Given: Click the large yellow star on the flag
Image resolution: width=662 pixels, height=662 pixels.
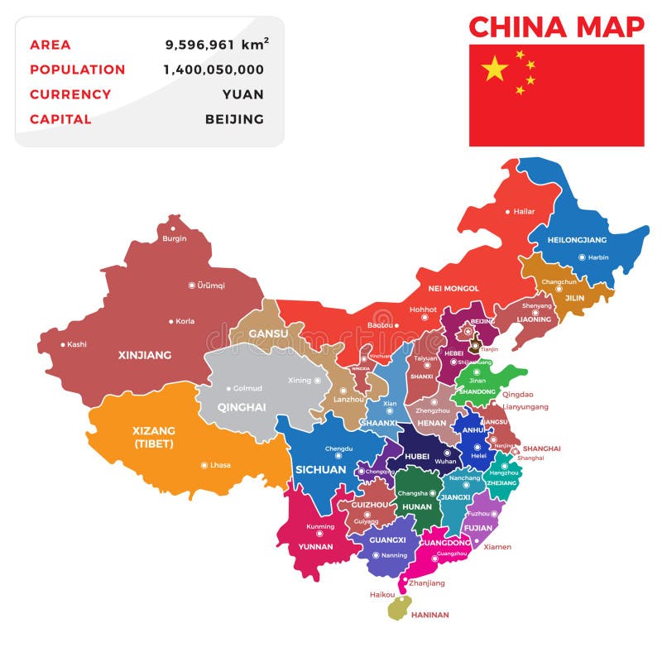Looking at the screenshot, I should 494,68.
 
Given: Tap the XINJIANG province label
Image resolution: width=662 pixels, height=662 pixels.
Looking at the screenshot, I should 145,355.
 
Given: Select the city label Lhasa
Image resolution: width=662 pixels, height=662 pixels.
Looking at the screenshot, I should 220,465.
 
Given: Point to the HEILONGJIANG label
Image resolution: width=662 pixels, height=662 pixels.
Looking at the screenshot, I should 578,240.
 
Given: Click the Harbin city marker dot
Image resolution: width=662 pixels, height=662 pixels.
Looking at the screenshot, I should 582,257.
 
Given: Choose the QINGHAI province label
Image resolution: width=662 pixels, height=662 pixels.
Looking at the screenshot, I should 242,407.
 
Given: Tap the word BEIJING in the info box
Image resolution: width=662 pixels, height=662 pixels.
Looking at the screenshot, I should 234,119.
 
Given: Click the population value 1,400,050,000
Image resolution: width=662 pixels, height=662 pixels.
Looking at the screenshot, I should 213,70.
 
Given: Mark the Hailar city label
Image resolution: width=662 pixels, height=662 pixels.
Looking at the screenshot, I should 524,211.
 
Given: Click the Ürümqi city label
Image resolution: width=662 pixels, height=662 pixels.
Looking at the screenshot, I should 211,285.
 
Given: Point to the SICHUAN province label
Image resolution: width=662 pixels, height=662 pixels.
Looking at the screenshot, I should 320,469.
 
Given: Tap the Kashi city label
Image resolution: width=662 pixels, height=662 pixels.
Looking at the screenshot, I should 77,344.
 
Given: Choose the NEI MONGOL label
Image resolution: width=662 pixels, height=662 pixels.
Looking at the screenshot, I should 453,288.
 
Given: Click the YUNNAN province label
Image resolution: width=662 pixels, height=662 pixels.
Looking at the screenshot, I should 315,547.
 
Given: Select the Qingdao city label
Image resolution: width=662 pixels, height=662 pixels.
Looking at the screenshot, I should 518,395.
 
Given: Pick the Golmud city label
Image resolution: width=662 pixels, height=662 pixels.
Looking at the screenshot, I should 247,388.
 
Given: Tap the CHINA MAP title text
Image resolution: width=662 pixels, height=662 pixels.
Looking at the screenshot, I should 556,27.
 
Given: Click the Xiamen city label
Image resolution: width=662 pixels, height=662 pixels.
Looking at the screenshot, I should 497,547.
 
